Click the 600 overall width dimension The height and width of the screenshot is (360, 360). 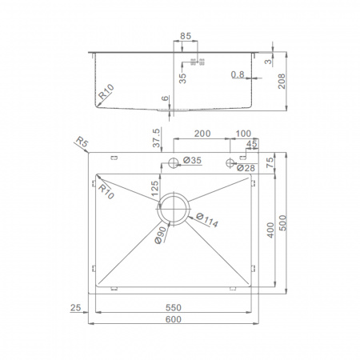tap(174, 319)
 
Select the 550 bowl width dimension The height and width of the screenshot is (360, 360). tap(174, 308)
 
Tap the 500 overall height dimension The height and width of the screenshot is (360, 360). tap(282, 223)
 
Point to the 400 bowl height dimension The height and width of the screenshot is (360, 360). tap(270, 230)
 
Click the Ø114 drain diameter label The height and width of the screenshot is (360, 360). tap(207, 220)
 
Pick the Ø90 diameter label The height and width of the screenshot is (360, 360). tap(161, 235)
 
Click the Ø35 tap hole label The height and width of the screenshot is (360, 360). tap(192, 160)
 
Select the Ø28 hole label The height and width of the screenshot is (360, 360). tap(246, 168)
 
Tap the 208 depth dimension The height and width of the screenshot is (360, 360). tap(282, 82)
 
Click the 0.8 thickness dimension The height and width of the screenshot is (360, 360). tap(238, 74)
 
